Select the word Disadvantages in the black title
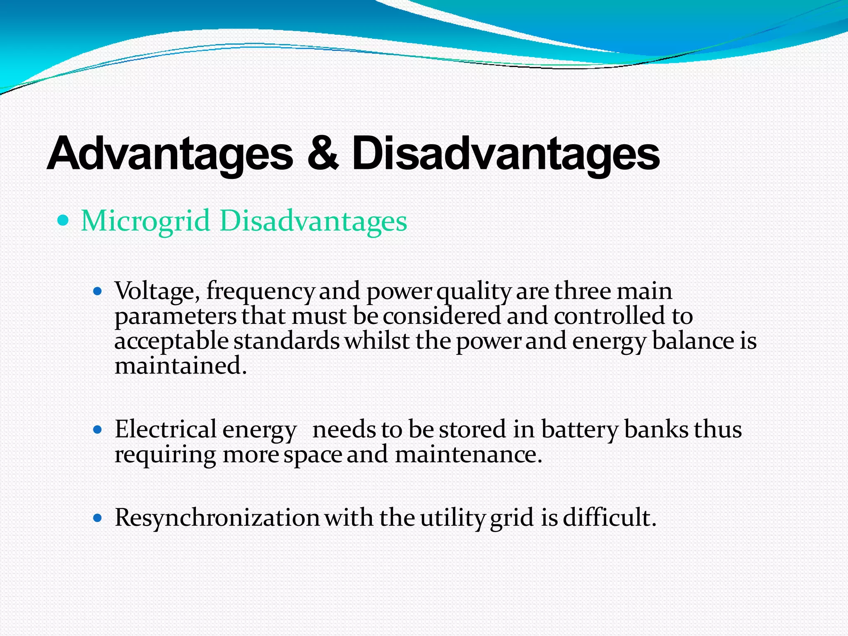tap(506, 154)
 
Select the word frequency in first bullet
tap(260, 291)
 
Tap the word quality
tap(474, 291)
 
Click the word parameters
tap(175, 317)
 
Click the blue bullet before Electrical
tap(98, 430)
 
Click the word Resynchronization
tap(217, 518)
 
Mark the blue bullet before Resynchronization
tap(98, 518)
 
